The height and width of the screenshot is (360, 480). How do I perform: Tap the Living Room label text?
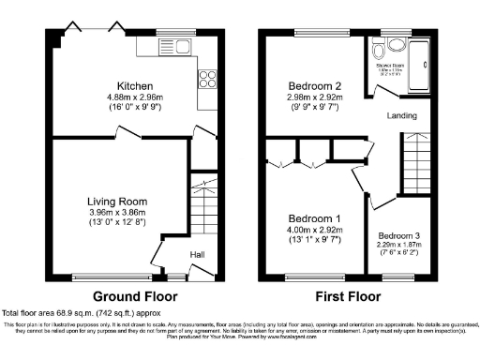coord(117,201)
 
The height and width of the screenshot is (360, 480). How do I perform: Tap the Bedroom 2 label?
coord(316,86)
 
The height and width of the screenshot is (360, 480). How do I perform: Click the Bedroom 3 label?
coord(400,236)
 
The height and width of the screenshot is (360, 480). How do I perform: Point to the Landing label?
coord(404,116)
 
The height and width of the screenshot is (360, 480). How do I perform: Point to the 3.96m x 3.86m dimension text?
coord(117,212)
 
